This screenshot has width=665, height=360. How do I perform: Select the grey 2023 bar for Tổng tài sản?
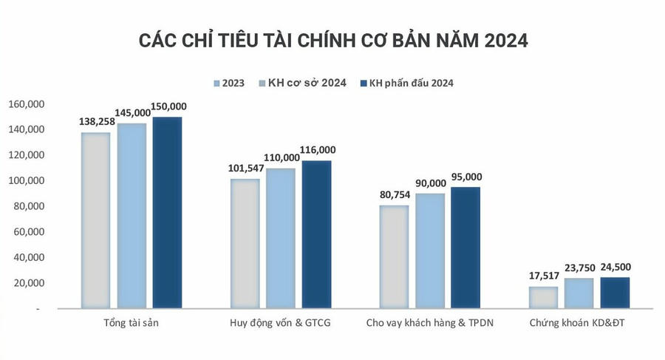[x=96, y=220]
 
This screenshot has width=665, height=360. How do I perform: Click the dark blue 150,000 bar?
[x=167, y=212]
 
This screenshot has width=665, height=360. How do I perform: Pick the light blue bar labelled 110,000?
[x=281, y=237]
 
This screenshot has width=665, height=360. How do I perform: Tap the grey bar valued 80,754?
[x=394, y=256]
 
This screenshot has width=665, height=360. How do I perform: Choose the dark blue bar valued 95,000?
[x=465, y=247]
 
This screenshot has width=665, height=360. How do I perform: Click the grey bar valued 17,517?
[x=543, y=296]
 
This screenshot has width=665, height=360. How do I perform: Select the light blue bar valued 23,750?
[x=579, y=293]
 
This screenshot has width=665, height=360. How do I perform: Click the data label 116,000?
[x=317, y=149]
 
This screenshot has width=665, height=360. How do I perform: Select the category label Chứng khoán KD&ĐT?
[x=579, y=323]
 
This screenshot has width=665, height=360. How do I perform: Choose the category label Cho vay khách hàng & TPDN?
[x=429, y=323]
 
